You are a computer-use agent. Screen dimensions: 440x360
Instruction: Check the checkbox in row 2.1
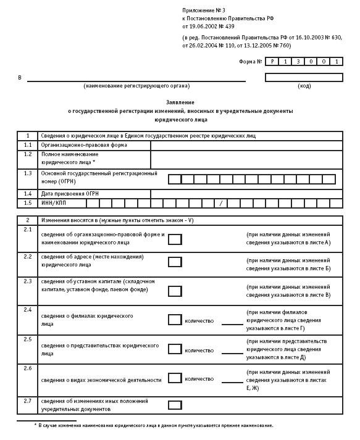pos(175,239)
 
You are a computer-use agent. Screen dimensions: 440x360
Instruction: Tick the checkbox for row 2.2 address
pos(175,262)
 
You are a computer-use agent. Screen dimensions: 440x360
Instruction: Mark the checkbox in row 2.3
pos(175,291)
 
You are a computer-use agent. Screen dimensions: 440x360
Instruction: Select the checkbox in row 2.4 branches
pos(175,320)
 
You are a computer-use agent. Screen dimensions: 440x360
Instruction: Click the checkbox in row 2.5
pos(175,350)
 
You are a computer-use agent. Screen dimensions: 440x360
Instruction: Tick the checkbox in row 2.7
pos(175,405)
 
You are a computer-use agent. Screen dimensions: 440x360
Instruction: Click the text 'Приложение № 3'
pos(202,11)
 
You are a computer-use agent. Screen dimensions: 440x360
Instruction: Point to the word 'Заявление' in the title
pos(180,101)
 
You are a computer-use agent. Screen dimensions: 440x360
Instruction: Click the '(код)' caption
pos(304,86)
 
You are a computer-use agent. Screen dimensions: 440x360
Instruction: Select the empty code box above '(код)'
pos(303,77)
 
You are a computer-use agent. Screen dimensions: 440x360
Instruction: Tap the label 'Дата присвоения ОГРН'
pos(70,194)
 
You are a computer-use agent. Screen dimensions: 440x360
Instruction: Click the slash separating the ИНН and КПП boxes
pos(220,203)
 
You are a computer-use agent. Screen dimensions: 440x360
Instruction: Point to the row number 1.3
pos(27,174)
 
